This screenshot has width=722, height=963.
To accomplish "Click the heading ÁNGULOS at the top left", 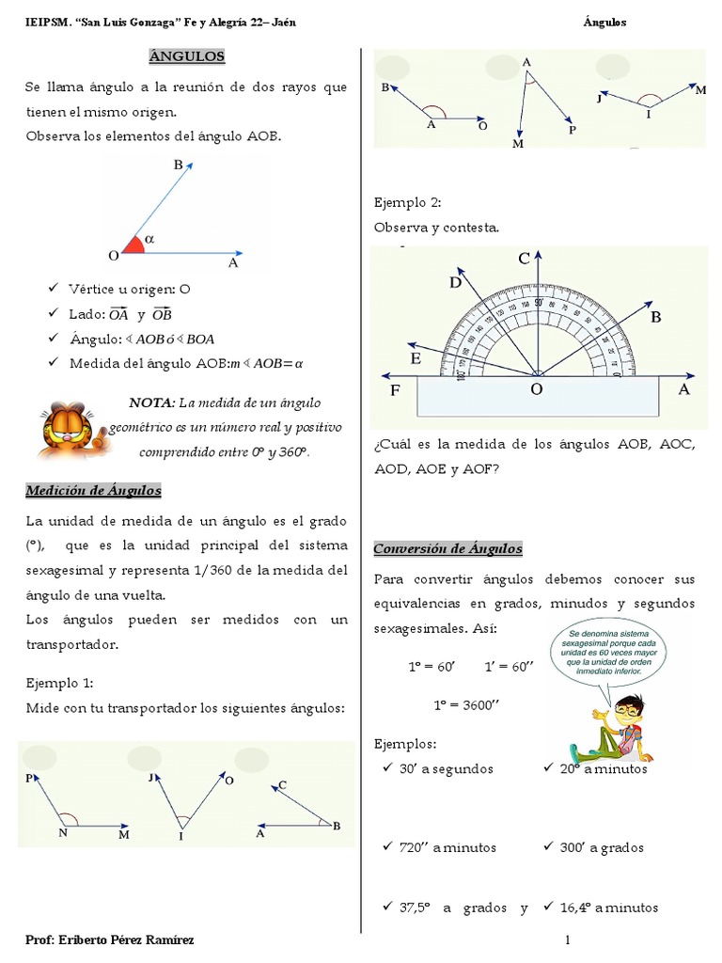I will [x=187, y=56].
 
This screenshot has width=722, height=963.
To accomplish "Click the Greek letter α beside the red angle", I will [x=149, y=239].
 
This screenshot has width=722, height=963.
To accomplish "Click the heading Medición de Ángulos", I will [x=93, y=490].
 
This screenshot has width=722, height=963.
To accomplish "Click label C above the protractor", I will [x=525, y=259].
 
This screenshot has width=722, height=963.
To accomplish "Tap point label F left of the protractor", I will [x=397, y=389].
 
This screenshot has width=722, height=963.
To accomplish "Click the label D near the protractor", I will [x=455, y=281].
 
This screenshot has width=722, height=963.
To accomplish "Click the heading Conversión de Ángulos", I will [x=447, y=548].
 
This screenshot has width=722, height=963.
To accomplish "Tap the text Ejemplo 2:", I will [x=407, y=202].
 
